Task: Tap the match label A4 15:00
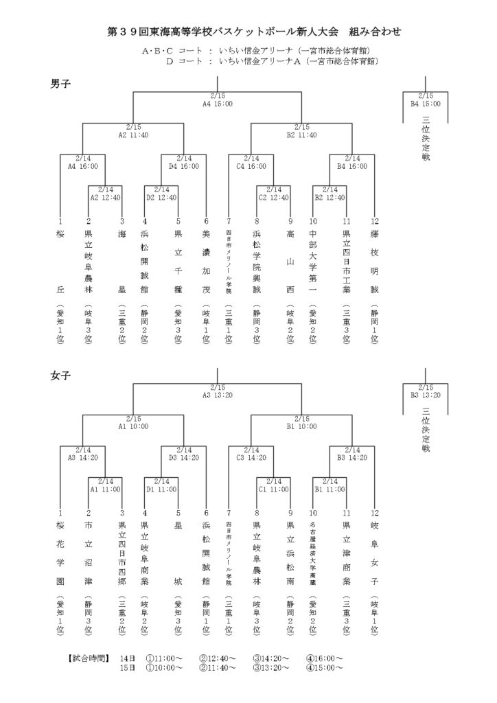tap(217, 104)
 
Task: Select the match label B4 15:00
tap(426, 104)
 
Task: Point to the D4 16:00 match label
tap(184, 165)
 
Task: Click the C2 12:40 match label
tap(273, 197)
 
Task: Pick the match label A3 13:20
tap(217, 395)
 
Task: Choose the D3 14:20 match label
tap(184, 457)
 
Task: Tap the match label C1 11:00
tap(273, 489)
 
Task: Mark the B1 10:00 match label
tap(301, 426)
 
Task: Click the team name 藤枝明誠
tap(374, 261)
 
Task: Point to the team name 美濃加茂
tap(206, 261)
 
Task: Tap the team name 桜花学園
tap(60, 553)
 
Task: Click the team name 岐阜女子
tap(374, 553)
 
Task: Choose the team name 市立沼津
tap(88, 553)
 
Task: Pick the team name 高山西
tap(290, 261)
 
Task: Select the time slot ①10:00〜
tap(164, 667)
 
